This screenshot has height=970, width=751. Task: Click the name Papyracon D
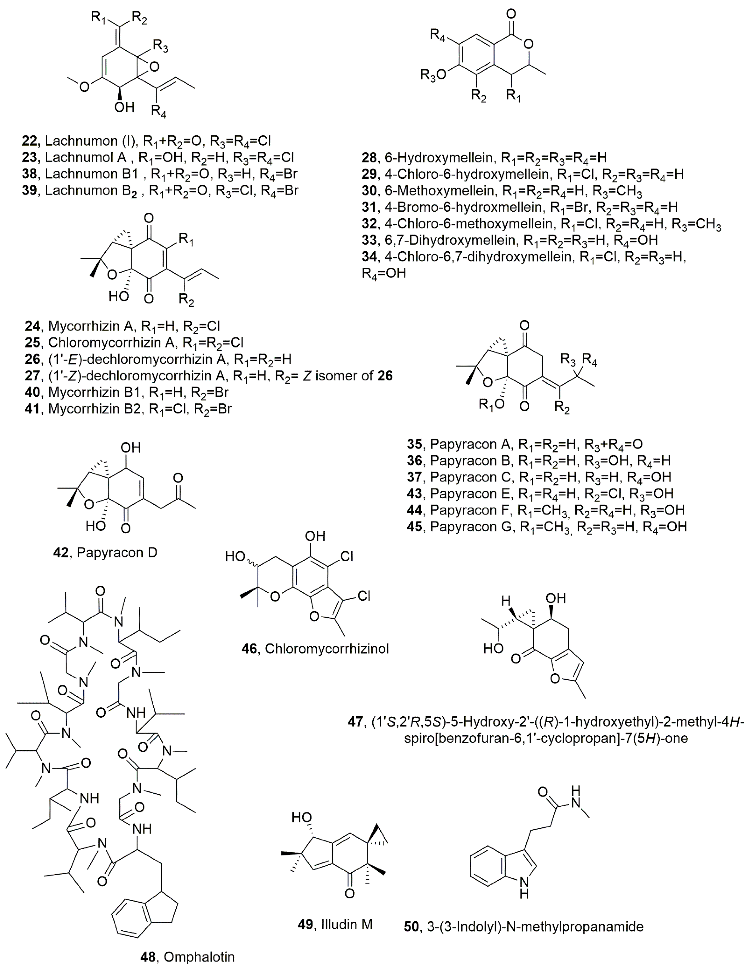tap(117, 553)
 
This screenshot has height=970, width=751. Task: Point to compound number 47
tap(355, 722)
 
